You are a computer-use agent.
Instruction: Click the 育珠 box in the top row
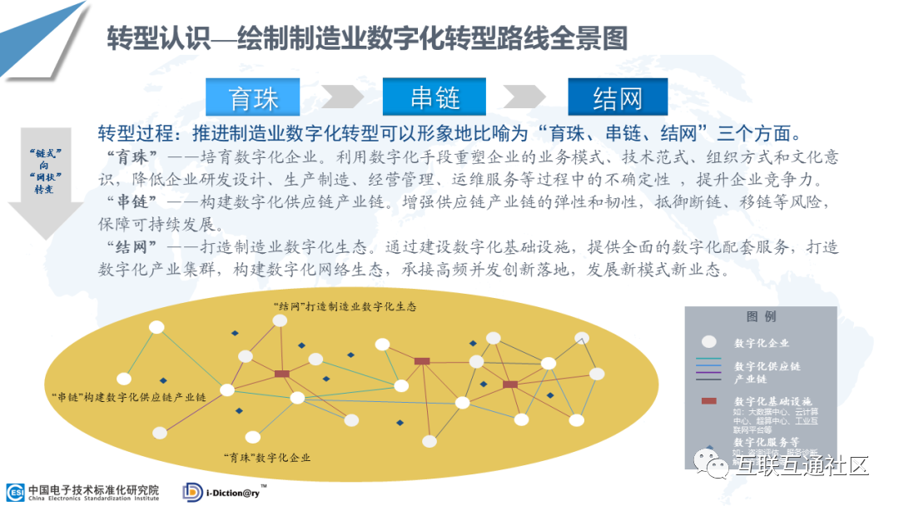tap(253, 98)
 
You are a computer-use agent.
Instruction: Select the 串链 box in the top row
tap(435, 98)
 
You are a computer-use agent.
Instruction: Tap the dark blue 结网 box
tap(617, 98)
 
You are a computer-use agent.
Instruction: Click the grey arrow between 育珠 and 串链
tap(342, 97)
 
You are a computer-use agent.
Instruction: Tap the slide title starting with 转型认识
tap(367, 38)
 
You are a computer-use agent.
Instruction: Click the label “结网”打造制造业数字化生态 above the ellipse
tap(345, 305)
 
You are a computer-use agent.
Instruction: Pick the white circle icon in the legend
tap(708, 342)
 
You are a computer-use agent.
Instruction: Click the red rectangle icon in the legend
tap(708, 401)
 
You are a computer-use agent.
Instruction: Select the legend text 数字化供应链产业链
tap(767, 372)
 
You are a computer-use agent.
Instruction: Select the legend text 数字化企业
tap(762, 343)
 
